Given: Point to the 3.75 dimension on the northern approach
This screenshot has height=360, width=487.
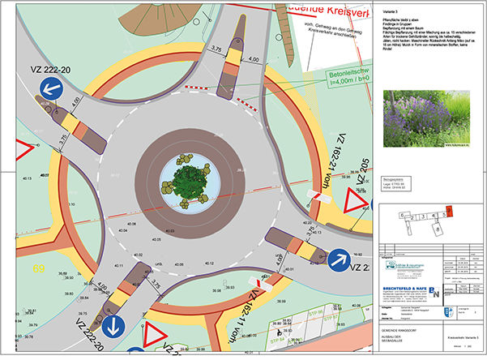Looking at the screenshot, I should [x=216, y=49].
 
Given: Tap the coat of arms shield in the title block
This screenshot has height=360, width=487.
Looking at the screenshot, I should [x=451, y=312].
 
